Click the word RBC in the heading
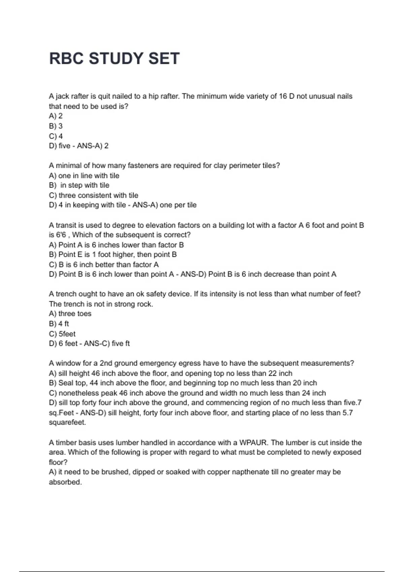coord(66,59)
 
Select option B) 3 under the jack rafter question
coord(56,126)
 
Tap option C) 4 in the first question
coord(56,136)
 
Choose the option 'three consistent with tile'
coord(98,195)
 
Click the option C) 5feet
coord(62,334)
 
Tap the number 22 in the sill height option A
coord(272,373)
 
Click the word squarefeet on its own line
coord(67,422)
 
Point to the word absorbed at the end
coord(65,482)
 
